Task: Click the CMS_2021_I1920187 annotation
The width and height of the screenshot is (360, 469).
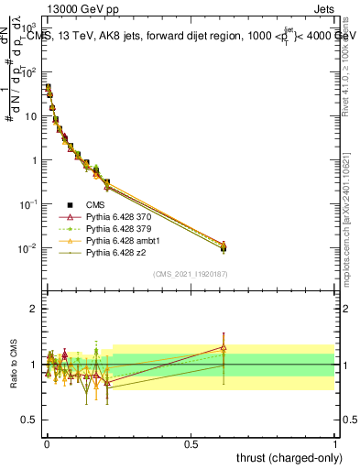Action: pyautogui.click(x=190, y=274)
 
